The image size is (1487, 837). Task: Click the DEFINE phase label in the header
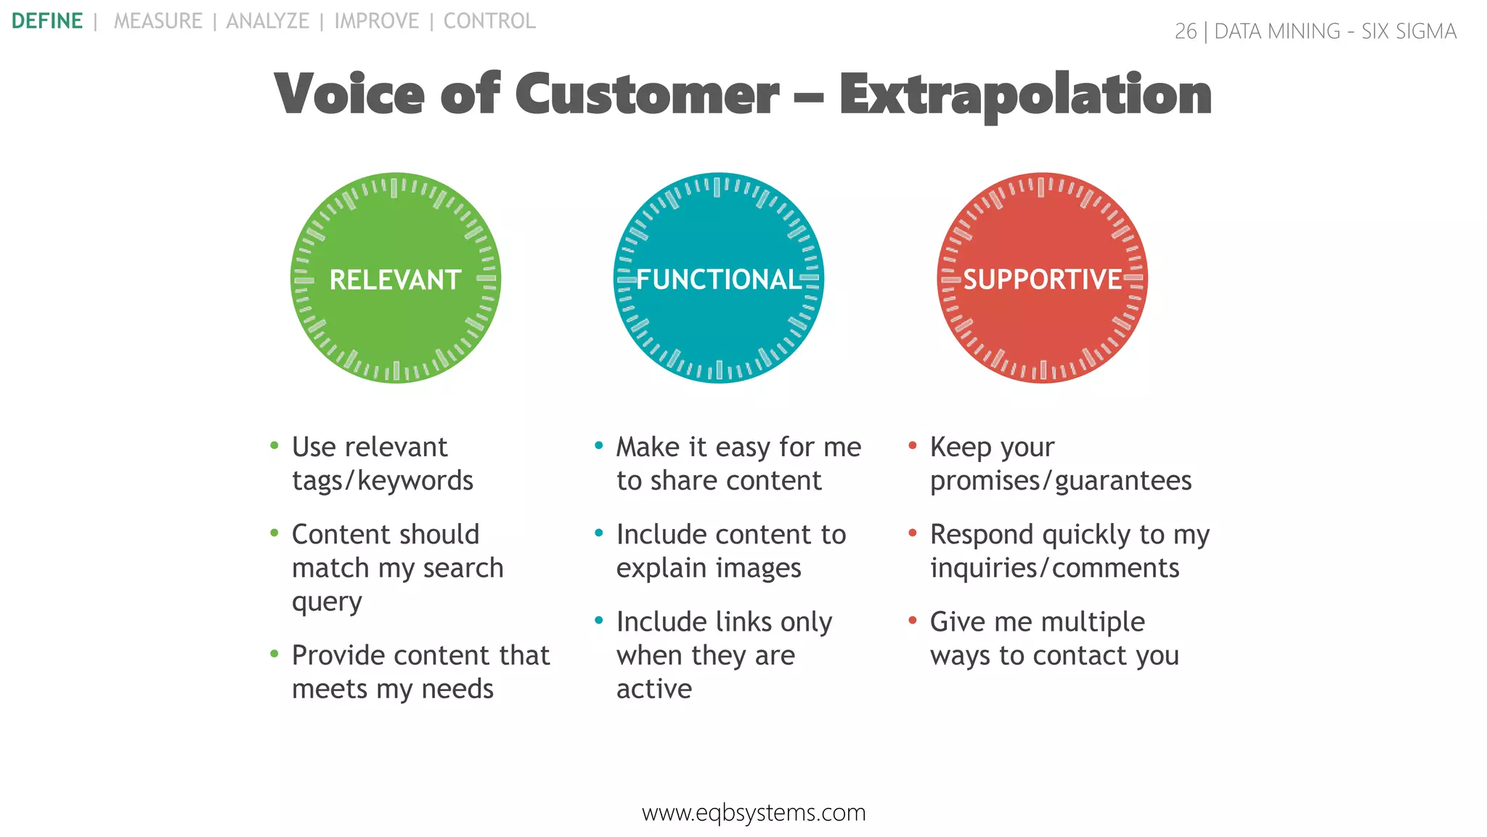[47, 21]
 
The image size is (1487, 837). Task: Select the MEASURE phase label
[158, 21]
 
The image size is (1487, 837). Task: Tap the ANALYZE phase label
[268, 21]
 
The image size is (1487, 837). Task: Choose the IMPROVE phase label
[377, 21]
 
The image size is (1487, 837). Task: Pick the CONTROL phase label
[489, 21]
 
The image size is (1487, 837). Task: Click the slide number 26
[1185, 31]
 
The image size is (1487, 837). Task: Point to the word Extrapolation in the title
[1025, 94]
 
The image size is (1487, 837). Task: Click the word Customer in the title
[647, 94]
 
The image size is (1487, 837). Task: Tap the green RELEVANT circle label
[395, 280]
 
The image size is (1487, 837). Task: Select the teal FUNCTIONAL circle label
[719, 280]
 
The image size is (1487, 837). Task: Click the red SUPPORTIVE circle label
[1043, 280]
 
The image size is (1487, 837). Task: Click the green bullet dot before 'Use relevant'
[274, 445]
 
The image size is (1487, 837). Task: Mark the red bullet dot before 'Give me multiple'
[913, 620]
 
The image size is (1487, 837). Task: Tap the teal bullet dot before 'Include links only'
[599, 620]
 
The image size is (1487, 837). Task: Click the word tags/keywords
[383, 481]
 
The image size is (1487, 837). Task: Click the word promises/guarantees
[1061, 481]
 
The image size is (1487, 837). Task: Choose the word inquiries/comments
[1055, 568]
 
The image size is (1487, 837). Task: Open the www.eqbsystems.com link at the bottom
[754, 812]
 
